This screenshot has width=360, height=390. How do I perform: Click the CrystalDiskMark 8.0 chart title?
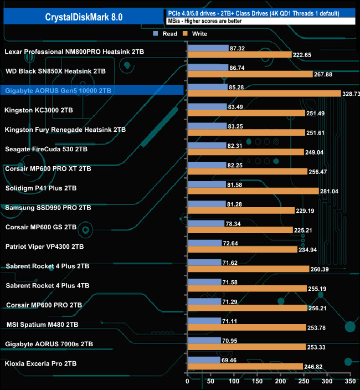point(84,17)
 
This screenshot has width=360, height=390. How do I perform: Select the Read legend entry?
point(166,34)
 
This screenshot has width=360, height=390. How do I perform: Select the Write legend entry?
point(197,34)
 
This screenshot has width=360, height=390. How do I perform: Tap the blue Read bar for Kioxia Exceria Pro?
point(204,360)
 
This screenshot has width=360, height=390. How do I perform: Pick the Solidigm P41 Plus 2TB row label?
point(42,188)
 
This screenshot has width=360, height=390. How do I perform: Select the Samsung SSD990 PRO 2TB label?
point(48,208)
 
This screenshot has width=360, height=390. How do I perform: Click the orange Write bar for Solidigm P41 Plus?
point(253,191)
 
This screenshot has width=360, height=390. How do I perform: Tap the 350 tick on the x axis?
point(349,382)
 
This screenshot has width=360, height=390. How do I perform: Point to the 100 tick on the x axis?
point(234,382)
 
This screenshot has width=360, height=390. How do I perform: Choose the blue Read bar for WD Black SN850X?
point(208,68)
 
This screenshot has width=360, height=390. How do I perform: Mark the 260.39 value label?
point(321,269)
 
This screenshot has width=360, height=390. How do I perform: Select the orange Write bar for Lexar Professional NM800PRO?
point(240,55)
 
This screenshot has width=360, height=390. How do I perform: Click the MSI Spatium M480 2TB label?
point(42,325)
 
